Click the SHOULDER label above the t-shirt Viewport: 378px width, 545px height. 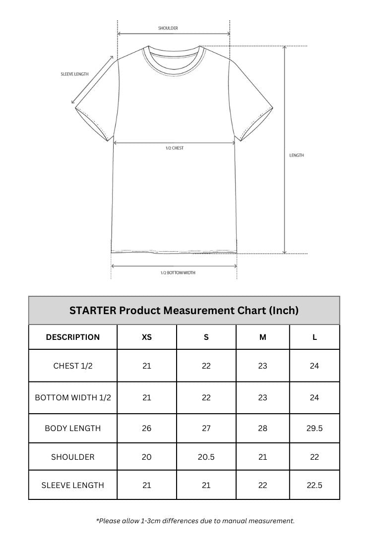click(x=168, y=28)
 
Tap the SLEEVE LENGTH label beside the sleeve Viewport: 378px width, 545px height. click(x=74, y=74)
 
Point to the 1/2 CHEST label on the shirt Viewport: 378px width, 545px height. click(x=175, y=148)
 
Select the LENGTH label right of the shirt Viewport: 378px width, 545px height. click(x=297, y=156)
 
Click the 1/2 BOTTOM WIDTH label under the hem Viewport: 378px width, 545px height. click(x=178, y=273)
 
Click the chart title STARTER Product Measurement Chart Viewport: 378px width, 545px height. click(x=184, y=311)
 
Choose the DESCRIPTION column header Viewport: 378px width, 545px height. click(x=73, y=337)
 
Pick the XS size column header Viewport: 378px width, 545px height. click(x=147, y=337)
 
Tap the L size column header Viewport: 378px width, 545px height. click(x=315, y=337)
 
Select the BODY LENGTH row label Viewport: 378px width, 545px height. click(x=73, y=428)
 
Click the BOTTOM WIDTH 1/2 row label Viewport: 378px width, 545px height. click(x=73, y=397)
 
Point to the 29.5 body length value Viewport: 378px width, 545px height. click(x=315, y=428)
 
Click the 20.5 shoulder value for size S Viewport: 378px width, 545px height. click(x=206, y=457)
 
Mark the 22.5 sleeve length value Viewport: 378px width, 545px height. click(x=315, y=485)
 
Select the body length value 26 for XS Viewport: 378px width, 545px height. click(x=147, y=428)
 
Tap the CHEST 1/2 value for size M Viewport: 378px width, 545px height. click(x=262, y=366)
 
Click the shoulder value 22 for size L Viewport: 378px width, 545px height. click(x=315, y=457)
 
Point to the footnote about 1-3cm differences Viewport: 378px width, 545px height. click(x=195, y=521)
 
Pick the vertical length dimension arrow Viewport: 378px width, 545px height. click(x=285, y=149)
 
